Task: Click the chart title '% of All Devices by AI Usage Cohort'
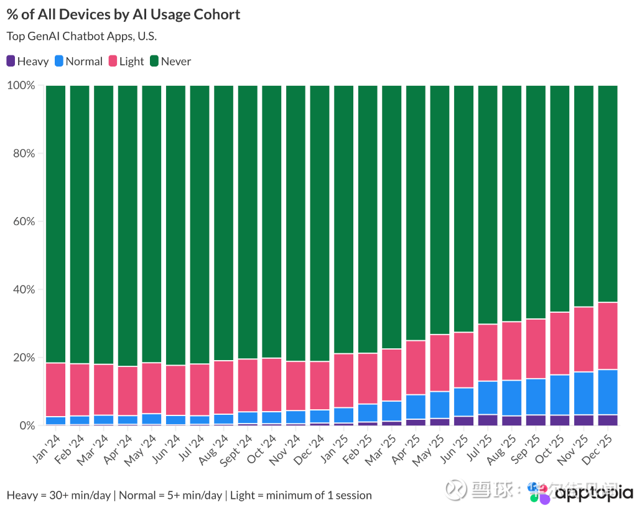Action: point(123,14)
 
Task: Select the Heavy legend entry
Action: point(27,61)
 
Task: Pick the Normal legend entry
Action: point(78,61)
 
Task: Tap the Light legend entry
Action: point(126,61)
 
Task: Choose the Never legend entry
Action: point(170,61)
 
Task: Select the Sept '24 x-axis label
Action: point(238,449)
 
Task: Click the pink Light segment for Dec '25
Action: point(608,336)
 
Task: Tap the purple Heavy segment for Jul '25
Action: point(488,420)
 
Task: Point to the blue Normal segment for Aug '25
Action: point(511,398)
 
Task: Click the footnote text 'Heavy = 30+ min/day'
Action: point(59,496)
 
